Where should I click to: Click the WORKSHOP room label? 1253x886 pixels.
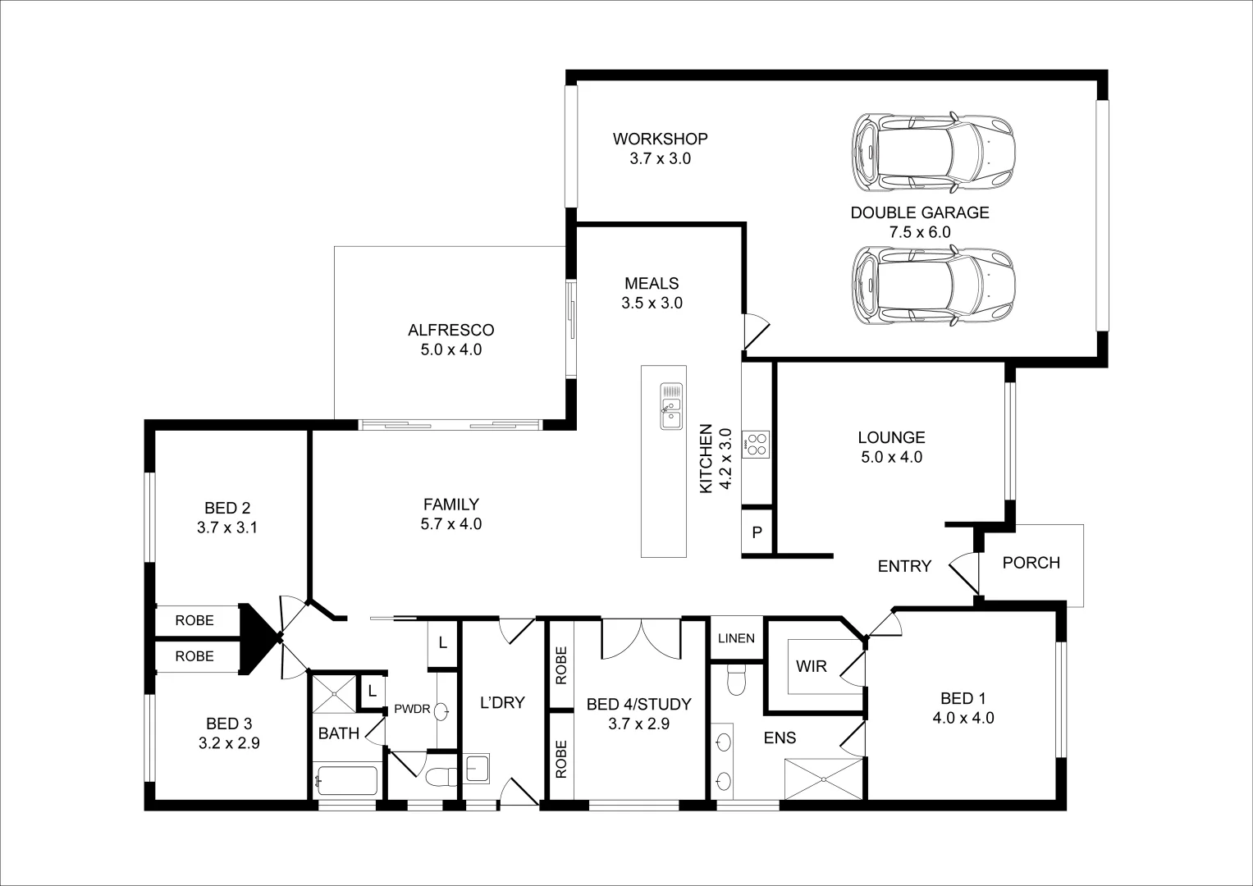(660, 139)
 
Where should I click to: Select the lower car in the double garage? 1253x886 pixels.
(933, 283)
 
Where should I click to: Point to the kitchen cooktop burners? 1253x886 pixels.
(754, 444)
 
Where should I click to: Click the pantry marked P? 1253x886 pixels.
(757, 532)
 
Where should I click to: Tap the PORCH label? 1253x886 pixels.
(1031, 563)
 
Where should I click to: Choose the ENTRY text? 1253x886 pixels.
(904, 566)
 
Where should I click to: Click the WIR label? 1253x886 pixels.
(811, 666)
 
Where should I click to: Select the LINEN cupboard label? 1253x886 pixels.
(736, 638)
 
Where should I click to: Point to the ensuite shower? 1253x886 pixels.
(823, 779)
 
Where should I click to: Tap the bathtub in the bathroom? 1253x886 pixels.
(345, 779)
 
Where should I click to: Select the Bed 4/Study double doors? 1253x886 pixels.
(641, 638)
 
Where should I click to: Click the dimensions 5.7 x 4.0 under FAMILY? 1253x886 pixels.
(450, 524)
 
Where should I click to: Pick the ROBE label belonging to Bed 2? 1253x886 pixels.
(194, 620)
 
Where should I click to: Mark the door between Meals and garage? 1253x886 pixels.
(755, 332)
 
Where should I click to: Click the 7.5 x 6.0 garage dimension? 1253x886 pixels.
(919, 232)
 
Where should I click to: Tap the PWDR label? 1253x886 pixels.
(412, 709)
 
